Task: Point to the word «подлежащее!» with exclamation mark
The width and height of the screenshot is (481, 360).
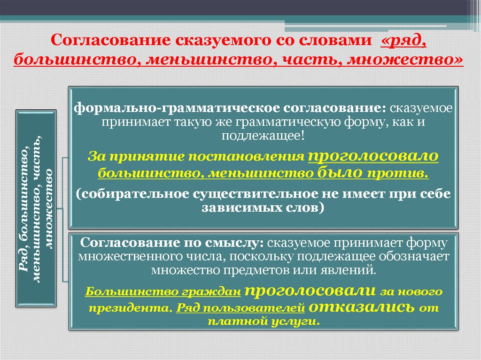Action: (x=264, y=137)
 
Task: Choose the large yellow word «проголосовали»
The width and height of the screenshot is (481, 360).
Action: (x=310, y=290)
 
